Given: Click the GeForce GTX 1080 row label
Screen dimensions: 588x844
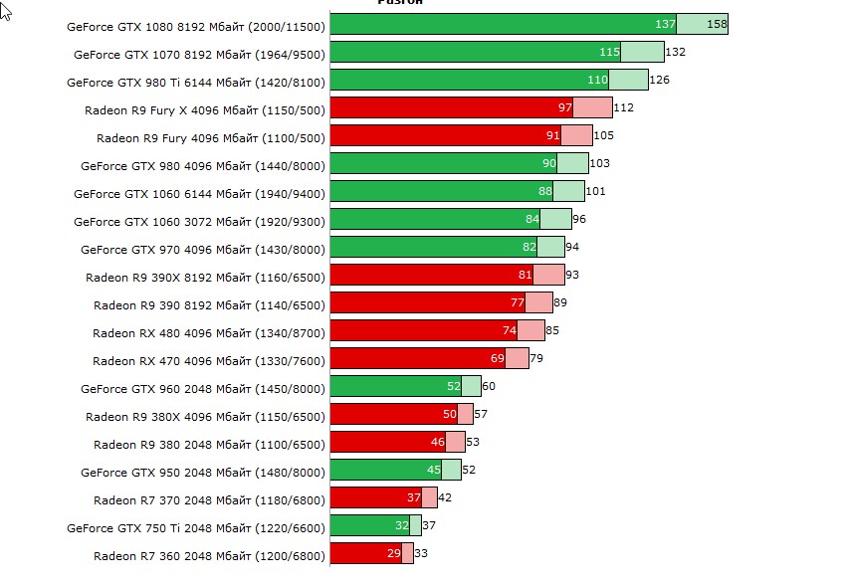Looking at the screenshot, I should [x=195, y=26].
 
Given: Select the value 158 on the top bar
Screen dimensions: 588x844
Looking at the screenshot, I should [x=717, y=24].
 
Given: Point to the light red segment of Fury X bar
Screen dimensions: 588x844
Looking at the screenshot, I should [x=594, y=107].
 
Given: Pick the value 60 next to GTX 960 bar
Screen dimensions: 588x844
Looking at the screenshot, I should [x=489, y=386].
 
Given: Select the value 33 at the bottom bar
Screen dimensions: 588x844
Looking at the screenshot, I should [x=421, y=553].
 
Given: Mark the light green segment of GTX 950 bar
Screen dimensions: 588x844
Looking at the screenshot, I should [x=452, y=470].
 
